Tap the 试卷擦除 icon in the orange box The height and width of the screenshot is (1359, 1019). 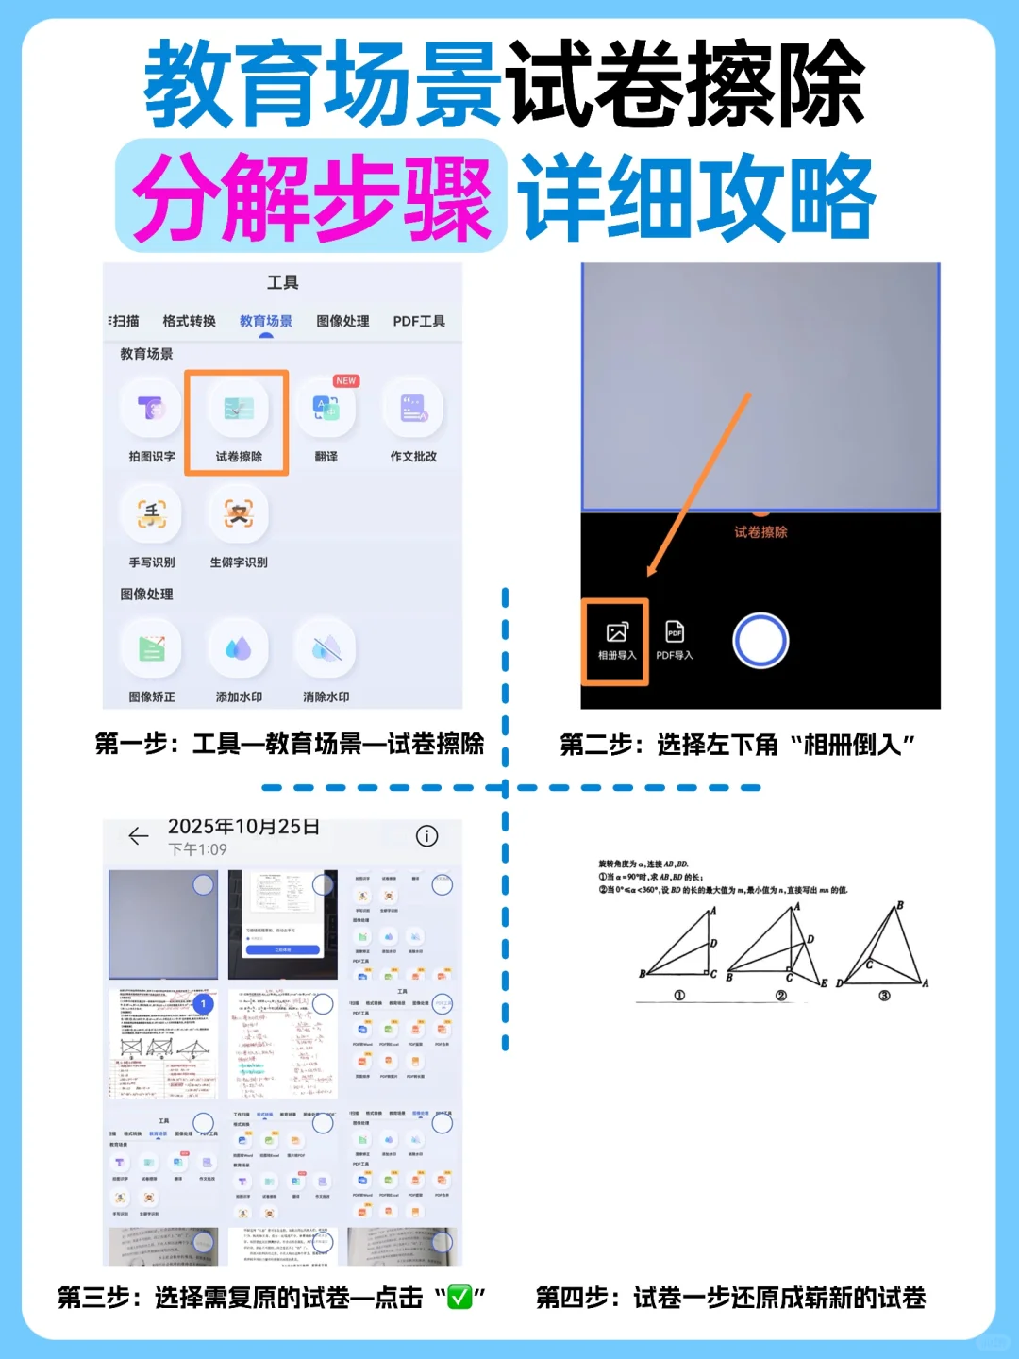pos(238,410)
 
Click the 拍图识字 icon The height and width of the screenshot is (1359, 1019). pos(151,410)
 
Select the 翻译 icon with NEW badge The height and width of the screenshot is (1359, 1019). pos(326,410)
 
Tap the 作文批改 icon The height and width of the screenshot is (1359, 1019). pos(413,410)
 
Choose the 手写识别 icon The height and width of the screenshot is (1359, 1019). pos(151,514)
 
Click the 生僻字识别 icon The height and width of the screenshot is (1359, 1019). pos(238,514)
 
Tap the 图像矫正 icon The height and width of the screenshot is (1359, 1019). pos(151,649)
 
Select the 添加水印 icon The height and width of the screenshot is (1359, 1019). pos(238,649)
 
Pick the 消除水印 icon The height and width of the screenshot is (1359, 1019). pos(326,649)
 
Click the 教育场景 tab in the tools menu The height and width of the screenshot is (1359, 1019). pos(265,322)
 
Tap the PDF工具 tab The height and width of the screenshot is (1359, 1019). pos(419,322)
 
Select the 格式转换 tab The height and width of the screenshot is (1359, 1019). pos(189,322)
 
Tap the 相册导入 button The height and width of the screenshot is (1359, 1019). pos(616,641)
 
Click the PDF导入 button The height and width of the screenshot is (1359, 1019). pos(675,641)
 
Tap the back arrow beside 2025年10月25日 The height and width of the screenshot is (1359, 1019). pos(139,836)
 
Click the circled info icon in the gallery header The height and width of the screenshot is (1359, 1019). pos(426,836)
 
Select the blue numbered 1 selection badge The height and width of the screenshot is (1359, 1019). pos(203,1004)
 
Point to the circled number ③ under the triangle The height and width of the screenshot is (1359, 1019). pos(884,996)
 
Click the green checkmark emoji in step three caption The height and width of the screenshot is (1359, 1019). pos(459,1299)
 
